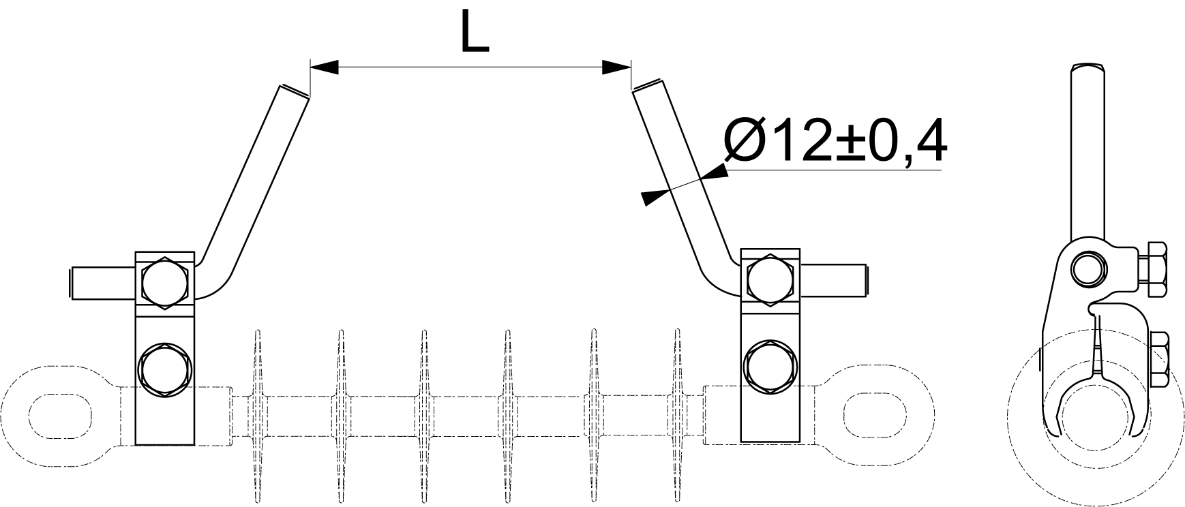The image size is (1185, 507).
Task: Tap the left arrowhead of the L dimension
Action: pos(325,67)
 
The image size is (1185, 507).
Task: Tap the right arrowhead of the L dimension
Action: pos(616,67)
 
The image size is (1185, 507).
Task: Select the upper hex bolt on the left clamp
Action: pos(164,282)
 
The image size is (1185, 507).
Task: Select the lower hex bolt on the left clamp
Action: pos(164,370)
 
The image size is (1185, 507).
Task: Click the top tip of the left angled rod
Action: pos(294,91)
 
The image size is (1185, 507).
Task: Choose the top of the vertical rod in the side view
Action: pos(1089,65)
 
